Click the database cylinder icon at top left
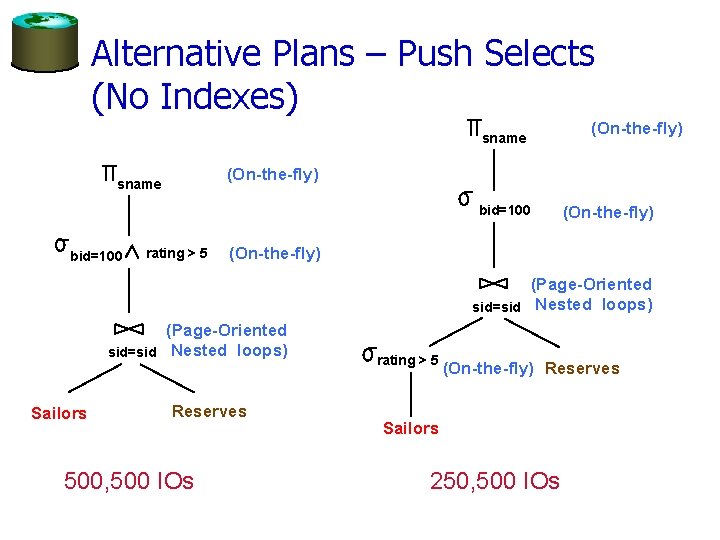pyautogui.click(x=45, y=42)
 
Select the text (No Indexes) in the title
pyautogui.click(x=194, y=96)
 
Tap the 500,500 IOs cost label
pyautogui.click(x=129, y=481)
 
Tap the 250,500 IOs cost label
pyautogui.click(x=495, y=481)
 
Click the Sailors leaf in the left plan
pyautogui.click(x=59, y=413)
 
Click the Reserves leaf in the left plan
pyautogui.click(x=209, y=411)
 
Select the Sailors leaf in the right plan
pyautogui.click(x=410, y=428)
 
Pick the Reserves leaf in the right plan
pyautogui.click(x=582, y=368)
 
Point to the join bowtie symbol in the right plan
pyautogui.click(x=494, y=283)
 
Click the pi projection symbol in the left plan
pyautogui.click(x=109, y=177)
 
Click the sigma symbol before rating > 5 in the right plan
pyautogui.click(x=369, y=353)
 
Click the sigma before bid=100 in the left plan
pyautogui.click(x=60, y=243)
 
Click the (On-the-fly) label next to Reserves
pyautogui.click(x=487, y=368)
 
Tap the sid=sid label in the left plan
pyautogui.click(x=132, y=352)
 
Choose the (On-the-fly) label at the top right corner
pyautogui.click(x=637, y=128)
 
